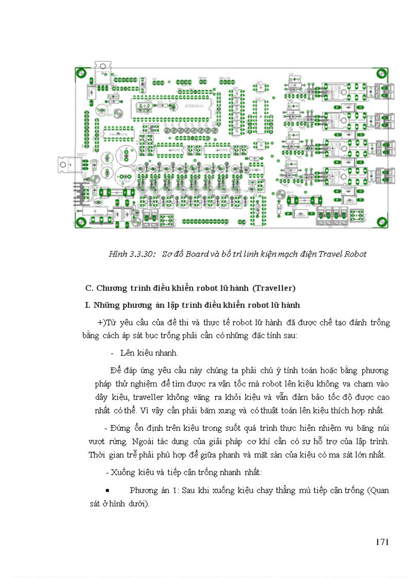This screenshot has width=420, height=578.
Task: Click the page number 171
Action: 381,542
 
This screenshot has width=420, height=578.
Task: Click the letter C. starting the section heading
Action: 88,287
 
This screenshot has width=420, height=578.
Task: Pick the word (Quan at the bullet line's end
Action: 378,491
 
